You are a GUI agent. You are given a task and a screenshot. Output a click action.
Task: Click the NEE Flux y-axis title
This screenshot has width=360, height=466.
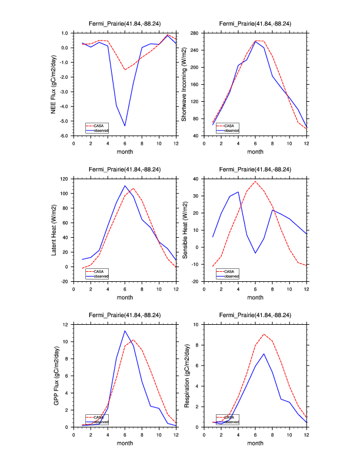pos(55,84)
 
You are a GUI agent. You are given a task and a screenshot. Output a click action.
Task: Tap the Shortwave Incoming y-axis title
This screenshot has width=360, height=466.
pos(184,84)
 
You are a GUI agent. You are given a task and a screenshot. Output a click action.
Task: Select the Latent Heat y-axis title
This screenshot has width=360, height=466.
pos(55,229)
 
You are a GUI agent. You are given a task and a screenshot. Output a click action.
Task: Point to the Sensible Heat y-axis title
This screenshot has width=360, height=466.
pos(184,229)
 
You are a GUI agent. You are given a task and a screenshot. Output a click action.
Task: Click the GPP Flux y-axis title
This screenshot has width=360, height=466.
pos(55,375)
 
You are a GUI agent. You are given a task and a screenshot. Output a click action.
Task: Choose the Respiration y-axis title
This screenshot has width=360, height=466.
pos(184,375)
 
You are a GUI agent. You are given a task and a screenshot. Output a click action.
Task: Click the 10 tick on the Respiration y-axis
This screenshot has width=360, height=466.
pos(197,324)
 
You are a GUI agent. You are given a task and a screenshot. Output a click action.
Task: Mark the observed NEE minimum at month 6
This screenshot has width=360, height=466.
pos(125,126)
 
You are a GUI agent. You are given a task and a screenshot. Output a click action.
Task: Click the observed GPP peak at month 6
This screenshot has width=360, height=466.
pos(125,331)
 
